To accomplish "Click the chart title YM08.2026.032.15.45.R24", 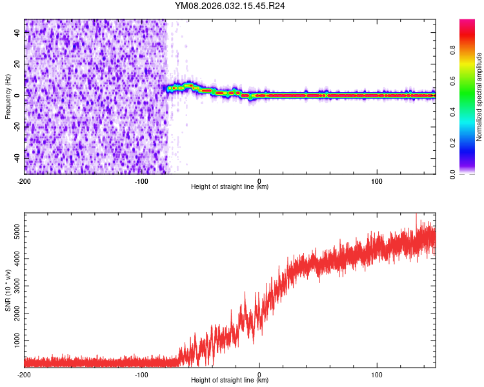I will click(230, 6).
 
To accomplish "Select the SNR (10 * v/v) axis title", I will click(8, 290).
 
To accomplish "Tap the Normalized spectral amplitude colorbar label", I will click(479, 97).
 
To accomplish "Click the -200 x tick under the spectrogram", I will click(25, 180).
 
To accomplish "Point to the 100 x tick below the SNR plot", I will click(377, 374).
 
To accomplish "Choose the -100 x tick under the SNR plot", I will click(141, 374).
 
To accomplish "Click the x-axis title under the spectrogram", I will click(230, 187).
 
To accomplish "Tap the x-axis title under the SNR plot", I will click(230, 381).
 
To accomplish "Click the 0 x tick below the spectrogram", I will click(259, 180).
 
